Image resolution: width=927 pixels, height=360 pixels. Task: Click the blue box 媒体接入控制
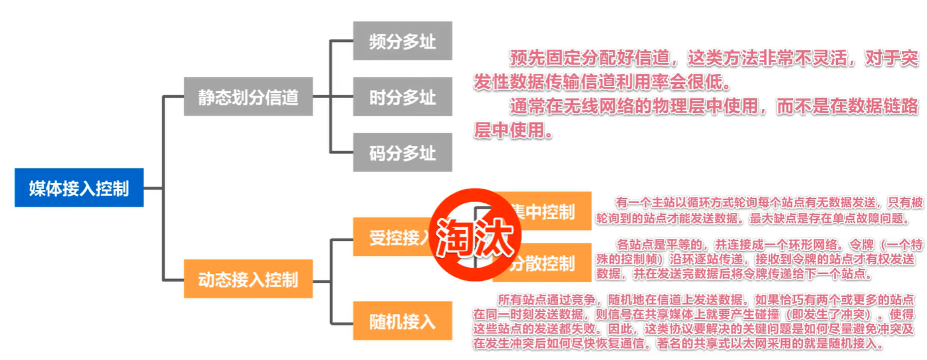[79, 188]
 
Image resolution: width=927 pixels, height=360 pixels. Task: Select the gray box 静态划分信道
[248, 96]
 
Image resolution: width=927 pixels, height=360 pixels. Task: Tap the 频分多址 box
[402, 41]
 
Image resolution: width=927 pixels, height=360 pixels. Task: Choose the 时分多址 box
[402, 96]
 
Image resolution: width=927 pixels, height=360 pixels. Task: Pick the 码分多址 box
[402, 153]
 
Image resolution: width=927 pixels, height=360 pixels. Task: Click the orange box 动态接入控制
[248, 278]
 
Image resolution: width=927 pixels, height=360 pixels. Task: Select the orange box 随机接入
[402, 321]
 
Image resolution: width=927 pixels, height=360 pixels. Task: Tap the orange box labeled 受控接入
[393, 237]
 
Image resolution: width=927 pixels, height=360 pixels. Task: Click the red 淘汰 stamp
[474, 235]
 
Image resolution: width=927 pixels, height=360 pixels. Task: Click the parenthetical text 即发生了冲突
[831, 314]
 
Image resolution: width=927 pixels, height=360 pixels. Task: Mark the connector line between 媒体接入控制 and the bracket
[153, 188]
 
